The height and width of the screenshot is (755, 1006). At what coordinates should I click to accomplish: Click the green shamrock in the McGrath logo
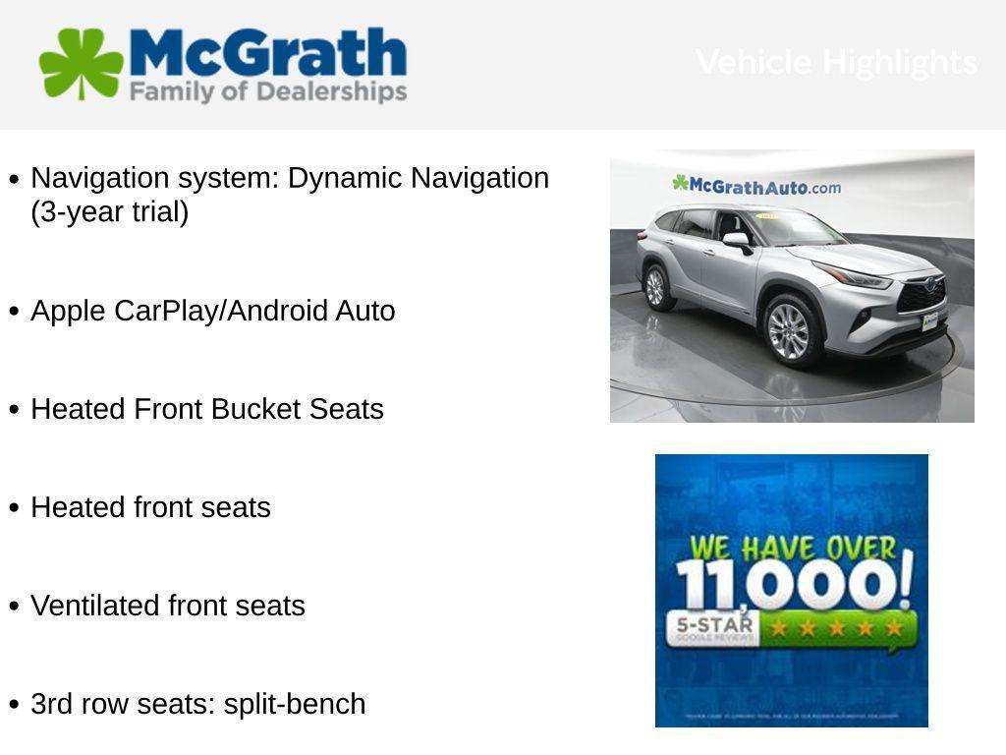tap(81, 64)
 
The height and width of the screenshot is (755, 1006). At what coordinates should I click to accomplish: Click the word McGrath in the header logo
tap(267, 53)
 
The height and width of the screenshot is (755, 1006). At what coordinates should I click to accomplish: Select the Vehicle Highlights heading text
tap(836, 62)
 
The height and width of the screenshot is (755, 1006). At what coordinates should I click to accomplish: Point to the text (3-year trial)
tap(109, 212)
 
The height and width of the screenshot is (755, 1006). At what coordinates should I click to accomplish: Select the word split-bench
tap(295, 704)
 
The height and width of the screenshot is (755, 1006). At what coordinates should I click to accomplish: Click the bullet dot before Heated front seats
tap(14, 508)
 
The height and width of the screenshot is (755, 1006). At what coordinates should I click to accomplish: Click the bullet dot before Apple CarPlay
tap(14, 312)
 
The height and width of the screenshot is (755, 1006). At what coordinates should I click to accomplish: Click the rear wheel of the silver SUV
tap(655, 287)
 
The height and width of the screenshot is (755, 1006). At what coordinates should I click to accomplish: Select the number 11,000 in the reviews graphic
tap(792, 585)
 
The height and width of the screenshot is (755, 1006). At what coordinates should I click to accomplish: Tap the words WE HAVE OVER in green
tap(792, 547)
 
